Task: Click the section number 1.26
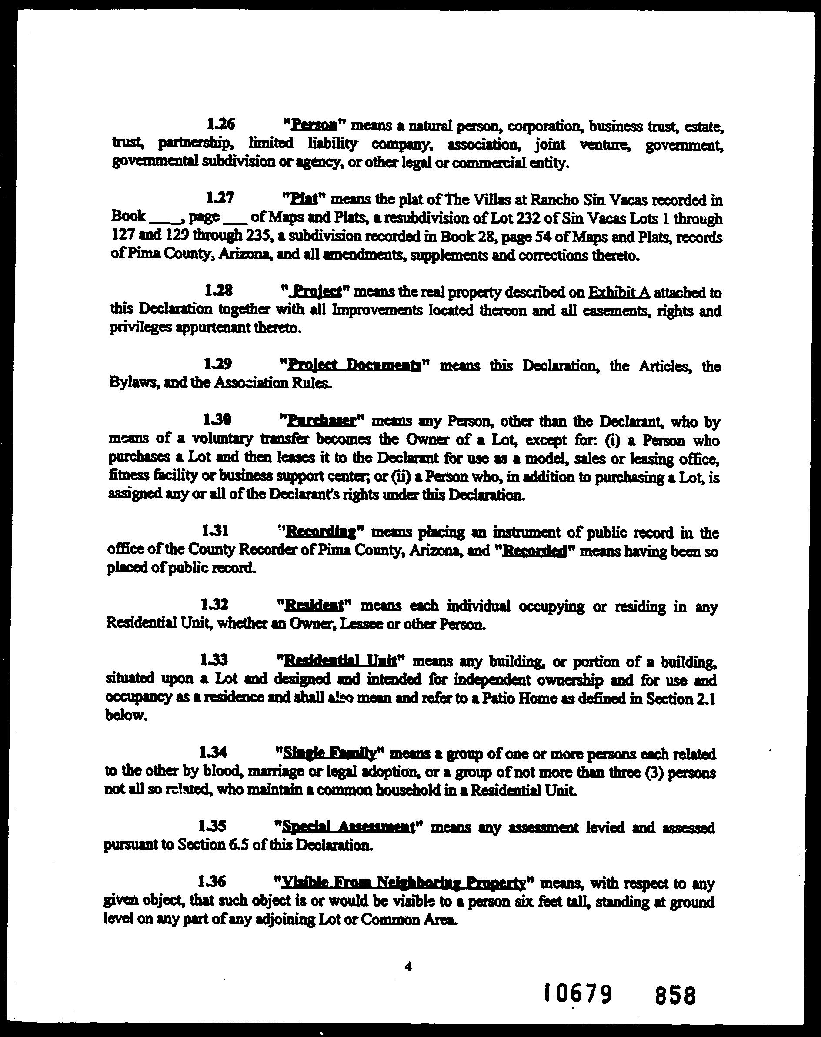coord(220,124)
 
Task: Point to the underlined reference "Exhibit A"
coord(619,292)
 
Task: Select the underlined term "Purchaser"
coord(320,421)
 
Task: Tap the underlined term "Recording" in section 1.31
coord(320,532)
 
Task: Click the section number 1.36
coord(211,882)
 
